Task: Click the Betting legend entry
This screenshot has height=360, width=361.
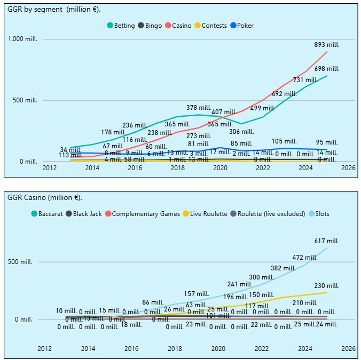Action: tap(121, 26)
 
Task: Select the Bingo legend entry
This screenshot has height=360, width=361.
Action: tap(150, 26)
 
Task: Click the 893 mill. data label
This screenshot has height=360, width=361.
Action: tap(326, 45)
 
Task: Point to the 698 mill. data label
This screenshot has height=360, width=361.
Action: tap(326, 69)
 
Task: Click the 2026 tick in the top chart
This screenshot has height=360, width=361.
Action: tap(348, 167)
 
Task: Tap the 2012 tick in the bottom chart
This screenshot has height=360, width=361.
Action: tap(45, 348)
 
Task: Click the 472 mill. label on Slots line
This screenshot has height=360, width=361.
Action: tap(305, 257)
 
